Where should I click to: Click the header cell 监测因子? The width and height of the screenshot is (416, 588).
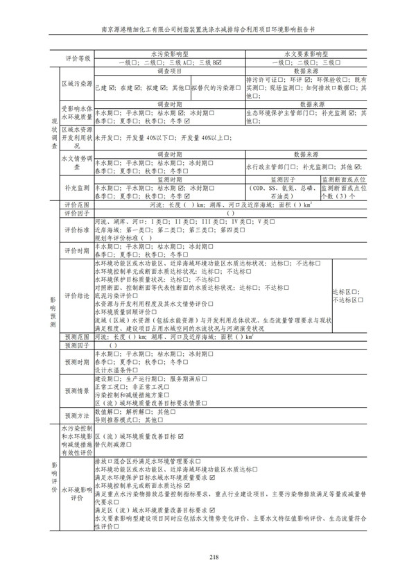pos(282,180)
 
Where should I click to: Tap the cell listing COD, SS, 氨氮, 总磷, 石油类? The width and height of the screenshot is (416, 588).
pos(282,192)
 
